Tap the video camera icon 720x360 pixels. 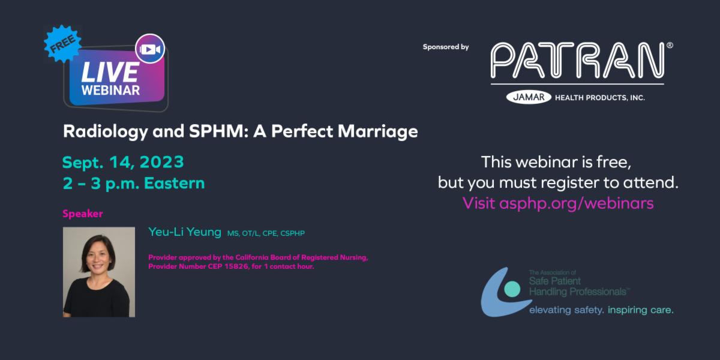(x=149, y=49)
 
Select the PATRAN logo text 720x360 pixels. (x=577, y=60)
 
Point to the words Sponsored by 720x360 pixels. (x=446, y=47)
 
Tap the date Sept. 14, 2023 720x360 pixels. (x=123, y=162)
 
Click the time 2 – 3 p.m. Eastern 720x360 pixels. (x=133, y=183)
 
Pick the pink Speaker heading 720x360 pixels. (x=83, y=214)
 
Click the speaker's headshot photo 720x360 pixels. (x=99, y=272)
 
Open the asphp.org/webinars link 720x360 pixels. (x=576, y=203)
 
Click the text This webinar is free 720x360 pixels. (x=557, y=161)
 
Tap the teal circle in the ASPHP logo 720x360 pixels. (x=512, y=289)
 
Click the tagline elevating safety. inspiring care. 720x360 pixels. (x=601, y=310)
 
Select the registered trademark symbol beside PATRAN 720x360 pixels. (x=670, y=45)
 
